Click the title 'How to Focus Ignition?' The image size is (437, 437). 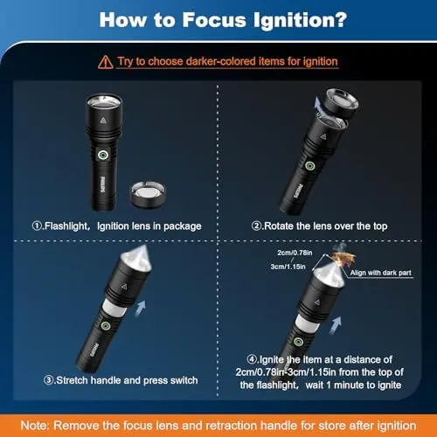[x=218, y=19]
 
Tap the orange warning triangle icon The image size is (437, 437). [x=105, y=61]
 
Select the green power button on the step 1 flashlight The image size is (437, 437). [x=102, y=154]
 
